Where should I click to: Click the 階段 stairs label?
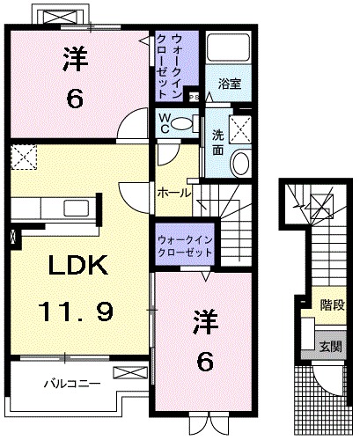coord(332,308)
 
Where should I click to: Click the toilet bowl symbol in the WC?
coord(183,122)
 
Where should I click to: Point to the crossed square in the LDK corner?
coord(23,158)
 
